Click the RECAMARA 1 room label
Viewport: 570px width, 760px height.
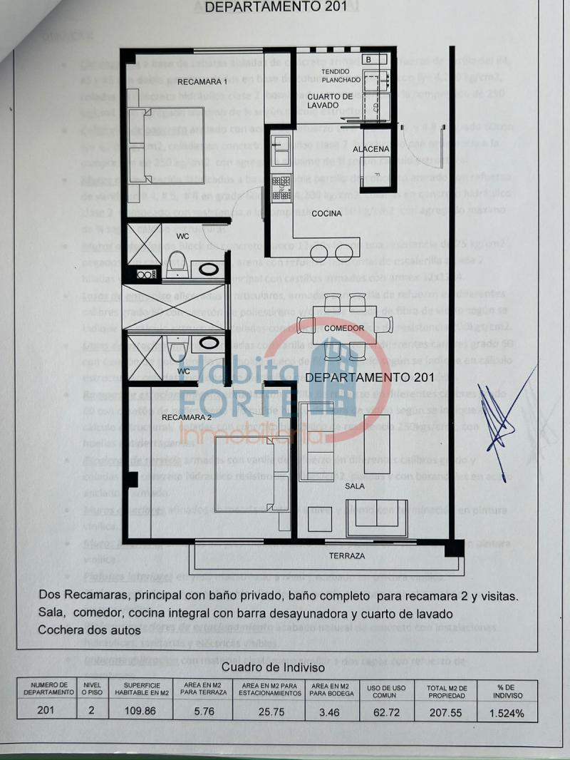click(x=202, y=81)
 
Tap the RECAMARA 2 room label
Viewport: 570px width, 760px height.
click(x=187, y=417)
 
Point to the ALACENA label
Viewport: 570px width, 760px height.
click(x=375, y=148)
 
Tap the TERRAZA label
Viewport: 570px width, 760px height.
click(x=347, y=555)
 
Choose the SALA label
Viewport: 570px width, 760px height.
click(x=355, y=485)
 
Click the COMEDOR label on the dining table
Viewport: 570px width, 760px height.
click(x=343, y=329)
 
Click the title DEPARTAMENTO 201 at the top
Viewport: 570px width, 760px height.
click(x=276, y=8)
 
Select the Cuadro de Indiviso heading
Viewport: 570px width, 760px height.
click(x=273, y=667)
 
